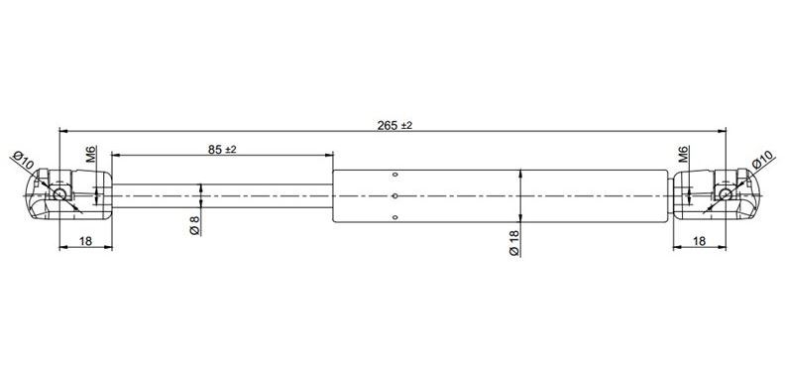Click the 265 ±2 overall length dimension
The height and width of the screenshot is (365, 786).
point(394,125)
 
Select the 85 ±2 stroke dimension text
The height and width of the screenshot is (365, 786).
point(222,150)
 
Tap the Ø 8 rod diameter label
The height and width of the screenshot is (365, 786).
point(194,224)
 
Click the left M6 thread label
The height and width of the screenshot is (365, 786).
point(91,155)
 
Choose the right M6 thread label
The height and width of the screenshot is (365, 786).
point(684,155)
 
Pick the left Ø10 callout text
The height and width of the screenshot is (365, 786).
point(23,160)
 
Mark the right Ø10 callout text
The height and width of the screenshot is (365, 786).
point(763,160)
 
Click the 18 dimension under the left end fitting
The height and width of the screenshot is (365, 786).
point(85,241)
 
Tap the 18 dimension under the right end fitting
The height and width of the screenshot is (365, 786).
point(700,241)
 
